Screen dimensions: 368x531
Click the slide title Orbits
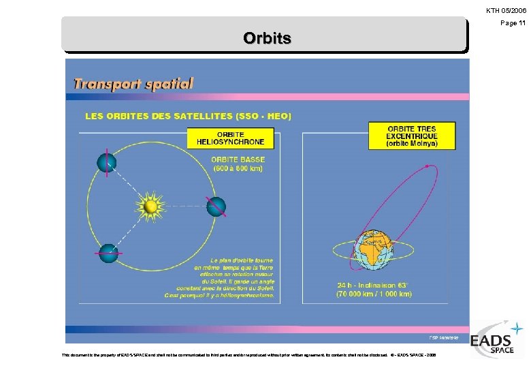267,38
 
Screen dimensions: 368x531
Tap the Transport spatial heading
133,84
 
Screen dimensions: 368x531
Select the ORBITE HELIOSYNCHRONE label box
230,138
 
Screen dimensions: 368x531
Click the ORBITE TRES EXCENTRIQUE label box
412,136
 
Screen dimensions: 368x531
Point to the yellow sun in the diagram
150,206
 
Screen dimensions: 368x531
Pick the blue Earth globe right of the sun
216,206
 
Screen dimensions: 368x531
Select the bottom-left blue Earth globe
108,253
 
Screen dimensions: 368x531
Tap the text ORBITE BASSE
238,160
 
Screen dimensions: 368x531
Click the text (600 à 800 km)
238,169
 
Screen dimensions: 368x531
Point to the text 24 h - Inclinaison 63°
374,284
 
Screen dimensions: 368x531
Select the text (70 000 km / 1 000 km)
374,294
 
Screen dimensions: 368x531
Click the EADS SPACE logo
496,339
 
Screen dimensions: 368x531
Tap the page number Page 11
513,23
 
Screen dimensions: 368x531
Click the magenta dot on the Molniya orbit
426,166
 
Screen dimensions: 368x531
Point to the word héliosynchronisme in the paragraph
244,296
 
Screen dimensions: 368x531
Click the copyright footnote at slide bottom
249,354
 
